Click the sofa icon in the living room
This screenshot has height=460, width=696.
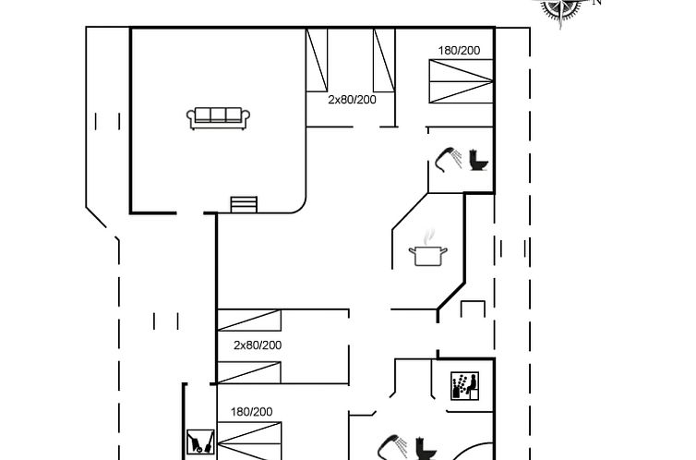218,118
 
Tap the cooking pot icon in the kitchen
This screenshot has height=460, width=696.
428,256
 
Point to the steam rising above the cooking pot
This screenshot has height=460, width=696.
428,237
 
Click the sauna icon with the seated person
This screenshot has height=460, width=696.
464,386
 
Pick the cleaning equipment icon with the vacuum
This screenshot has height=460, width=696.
200,442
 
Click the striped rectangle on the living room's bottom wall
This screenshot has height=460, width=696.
244,205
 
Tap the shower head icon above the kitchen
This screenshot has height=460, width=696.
449,159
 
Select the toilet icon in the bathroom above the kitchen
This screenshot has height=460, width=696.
478,160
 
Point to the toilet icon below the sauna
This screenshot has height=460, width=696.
426,449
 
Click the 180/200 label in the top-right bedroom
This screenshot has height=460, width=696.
459,51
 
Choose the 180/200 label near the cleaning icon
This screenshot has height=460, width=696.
251,412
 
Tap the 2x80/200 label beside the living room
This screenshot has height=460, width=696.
352,100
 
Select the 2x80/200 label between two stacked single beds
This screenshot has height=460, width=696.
258,345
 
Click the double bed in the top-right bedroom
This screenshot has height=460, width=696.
462,81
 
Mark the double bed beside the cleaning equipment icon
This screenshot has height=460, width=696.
249,441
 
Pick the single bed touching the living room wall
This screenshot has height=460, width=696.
317,60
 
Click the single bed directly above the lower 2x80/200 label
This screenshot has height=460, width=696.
249,321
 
